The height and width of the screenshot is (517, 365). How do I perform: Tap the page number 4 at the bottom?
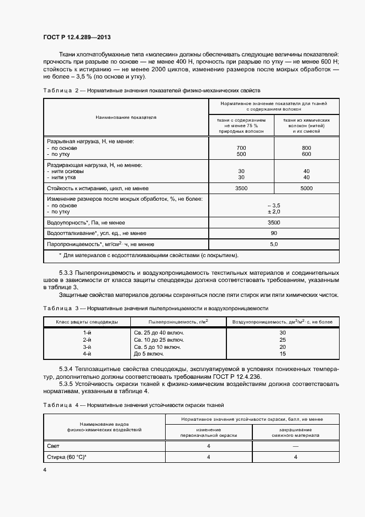click(x=45, y=469)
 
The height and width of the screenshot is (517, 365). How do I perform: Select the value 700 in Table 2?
click(x=241, y=148)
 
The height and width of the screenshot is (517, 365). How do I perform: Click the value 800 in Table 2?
click(x=307, y=148)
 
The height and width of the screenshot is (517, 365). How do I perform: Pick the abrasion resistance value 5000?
click(x=307, y=188)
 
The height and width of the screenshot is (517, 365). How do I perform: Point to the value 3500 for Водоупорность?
click(x=274, y=222)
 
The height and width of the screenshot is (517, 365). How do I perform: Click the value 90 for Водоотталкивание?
click(x=274, y=233)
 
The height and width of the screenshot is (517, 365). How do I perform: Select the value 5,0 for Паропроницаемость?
click(x=274, y=243)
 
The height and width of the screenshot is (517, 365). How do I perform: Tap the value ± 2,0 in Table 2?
click(x=274, y=212)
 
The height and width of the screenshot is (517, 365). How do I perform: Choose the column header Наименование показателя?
click(x=126, y=118)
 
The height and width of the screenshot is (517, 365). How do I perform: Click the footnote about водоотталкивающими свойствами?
click(x=149, y=255)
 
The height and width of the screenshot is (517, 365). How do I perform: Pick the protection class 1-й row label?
click(x=87, y=333)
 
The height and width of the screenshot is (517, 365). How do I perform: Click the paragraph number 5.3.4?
click(x=68, y=368)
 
